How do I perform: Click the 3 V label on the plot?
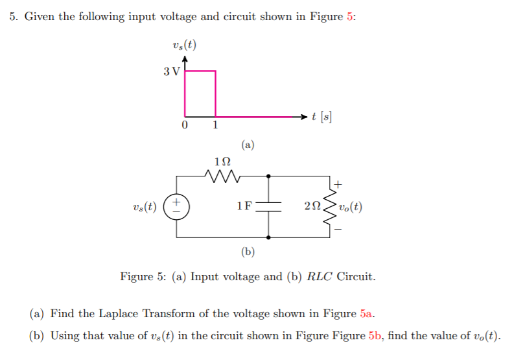tap(171, 71)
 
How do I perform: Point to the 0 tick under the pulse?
tap(185, 125)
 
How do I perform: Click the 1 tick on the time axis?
tap(216, 125)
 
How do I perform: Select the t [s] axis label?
tap(321, 117)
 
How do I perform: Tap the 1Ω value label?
tap(222, 160)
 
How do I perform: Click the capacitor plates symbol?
tap(268, 206)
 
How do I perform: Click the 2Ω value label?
tap(312, 207)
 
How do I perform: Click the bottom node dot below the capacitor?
tap(268, 238)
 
